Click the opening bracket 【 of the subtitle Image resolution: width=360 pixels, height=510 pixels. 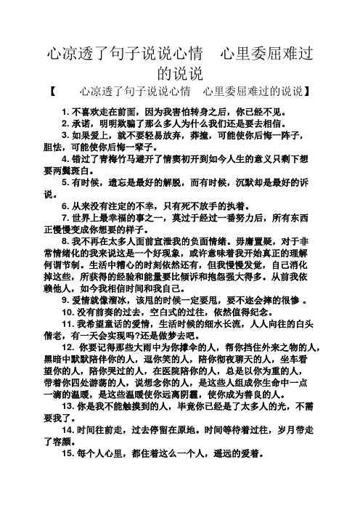pos(50,92)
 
